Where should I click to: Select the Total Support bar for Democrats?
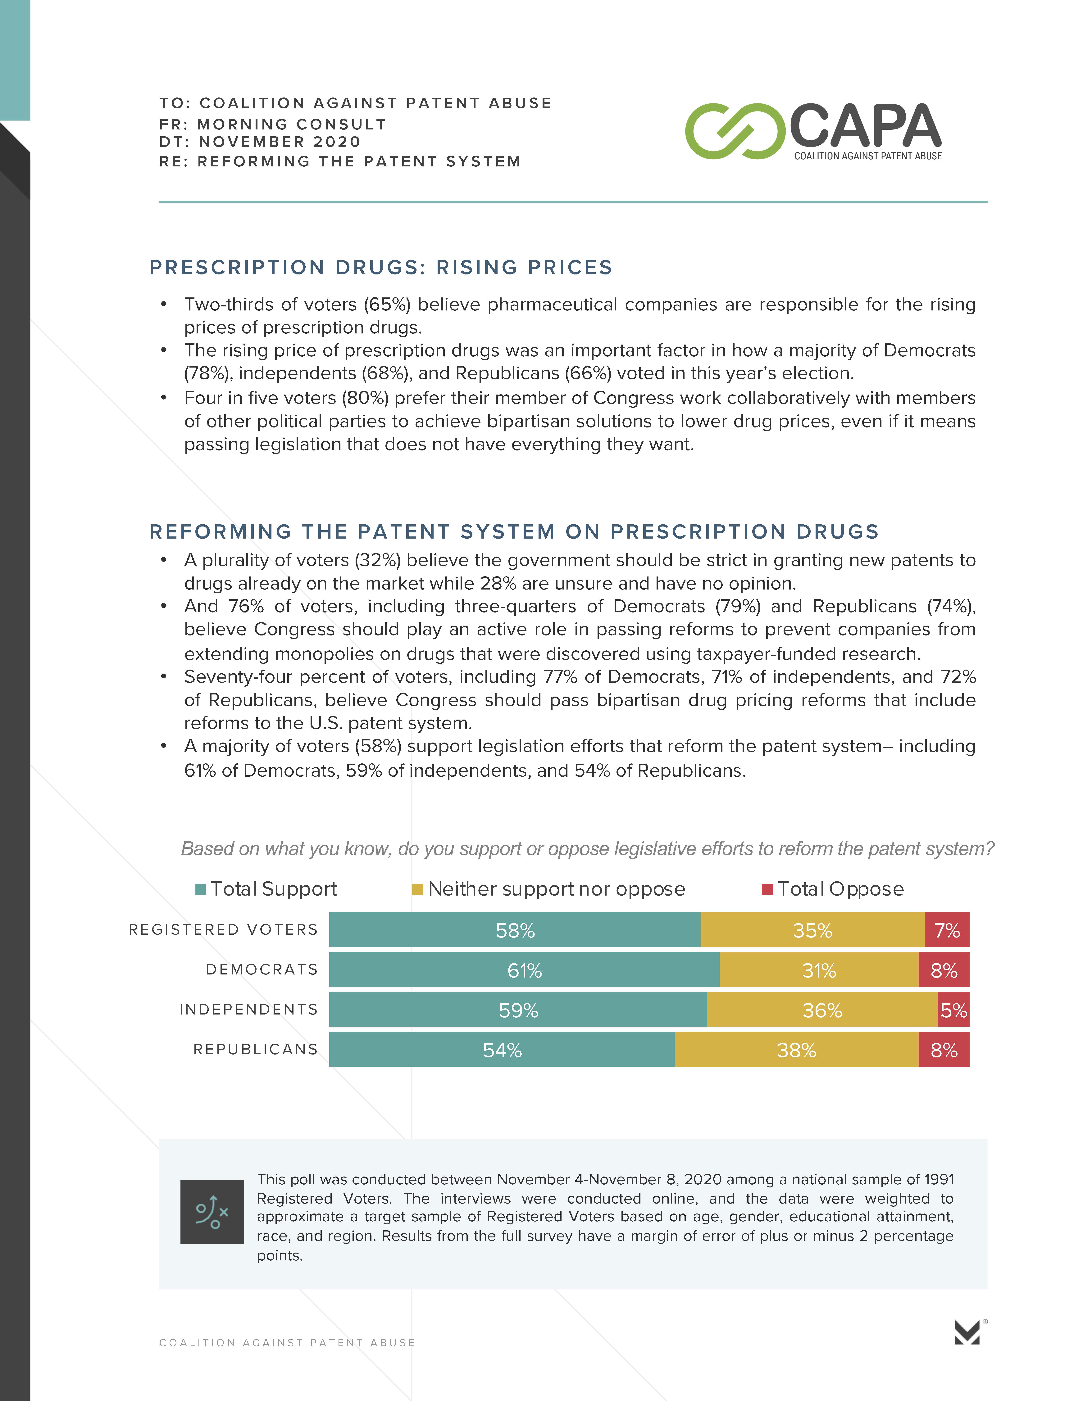[x=524, y=970]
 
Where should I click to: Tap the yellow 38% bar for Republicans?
[x=796, y=1050]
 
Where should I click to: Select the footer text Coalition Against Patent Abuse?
[x=287, y=1343]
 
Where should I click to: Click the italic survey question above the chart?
[x=587, y=849]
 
